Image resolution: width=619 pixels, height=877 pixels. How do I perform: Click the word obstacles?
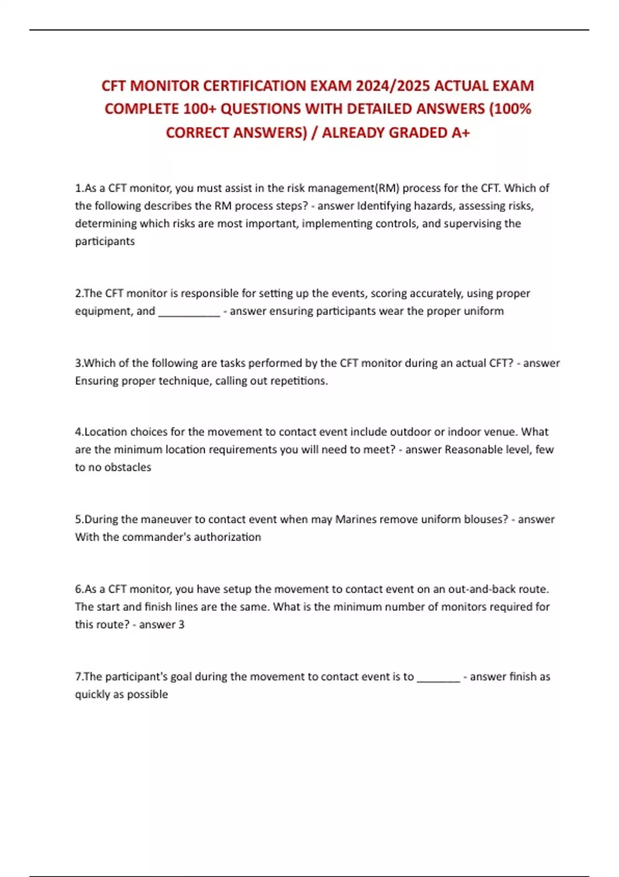pos(127,467)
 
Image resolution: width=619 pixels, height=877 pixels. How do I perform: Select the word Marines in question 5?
pos(355,519)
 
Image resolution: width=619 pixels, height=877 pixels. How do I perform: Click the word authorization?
pos(227,537)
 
